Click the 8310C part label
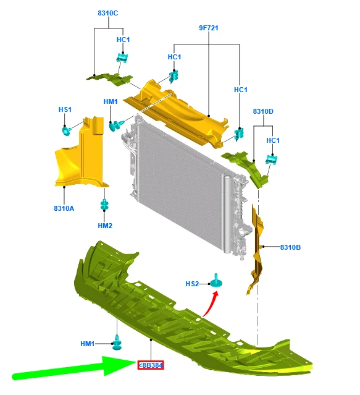point(107,13)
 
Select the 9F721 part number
point(209,28)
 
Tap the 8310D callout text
point(263,111)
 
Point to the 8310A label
point(64,208)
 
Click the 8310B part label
point(290,247)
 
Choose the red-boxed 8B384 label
point(151,365)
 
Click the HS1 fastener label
point(65,109)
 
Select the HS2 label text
point(192,284)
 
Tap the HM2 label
point(105,226)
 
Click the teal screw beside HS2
point(216,281)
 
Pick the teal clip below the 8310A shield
point(104,205)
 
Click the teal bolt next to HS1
point(67,131)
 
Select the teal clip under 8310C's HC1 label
point(122,57)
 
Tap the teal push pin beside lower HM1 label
point(117,342)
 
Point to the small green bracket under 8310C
point(110,79)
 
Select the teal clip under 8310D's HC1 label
point(272,159)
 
